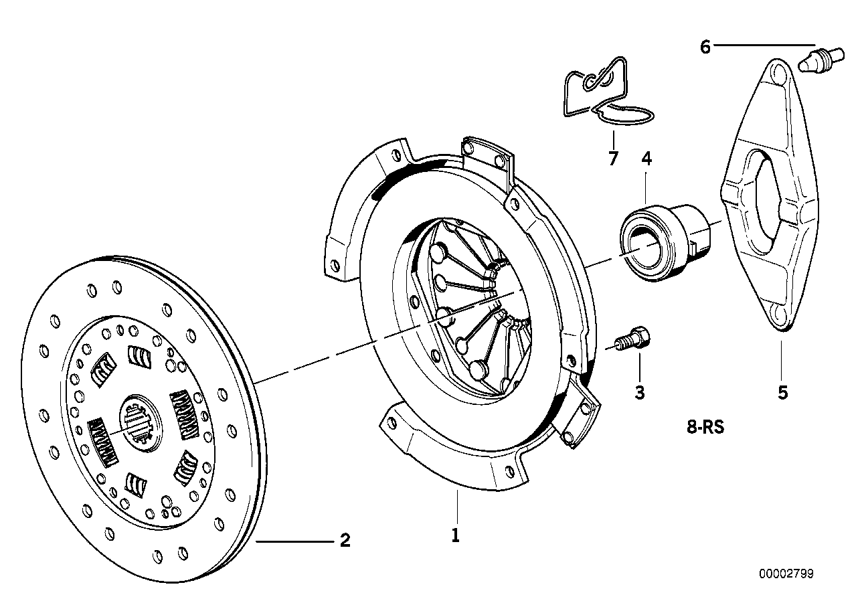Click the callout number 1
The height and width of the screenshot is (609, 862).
point(456,536)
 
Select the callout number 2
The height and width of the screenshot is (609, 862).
point(345,540)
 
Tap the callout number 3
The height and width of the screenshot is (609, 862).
point(640,392)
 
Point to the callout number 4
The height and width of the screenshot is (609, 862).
point(646,159)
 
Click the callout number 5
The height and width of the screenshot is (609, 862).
point(782,392)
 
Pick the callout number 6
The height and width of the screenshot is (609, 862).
point(705,47)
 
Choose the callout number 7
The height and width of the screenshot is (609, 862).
point(613,159)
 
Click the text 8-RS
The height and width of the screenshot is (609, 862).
point(705,427)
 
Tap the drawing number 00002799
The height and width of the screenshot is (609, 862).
point(786,574)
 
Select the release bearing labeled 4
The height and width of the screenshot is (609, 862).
point(663,240)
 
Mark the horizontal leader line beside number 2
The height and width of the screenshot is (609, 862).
point(294,541)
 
